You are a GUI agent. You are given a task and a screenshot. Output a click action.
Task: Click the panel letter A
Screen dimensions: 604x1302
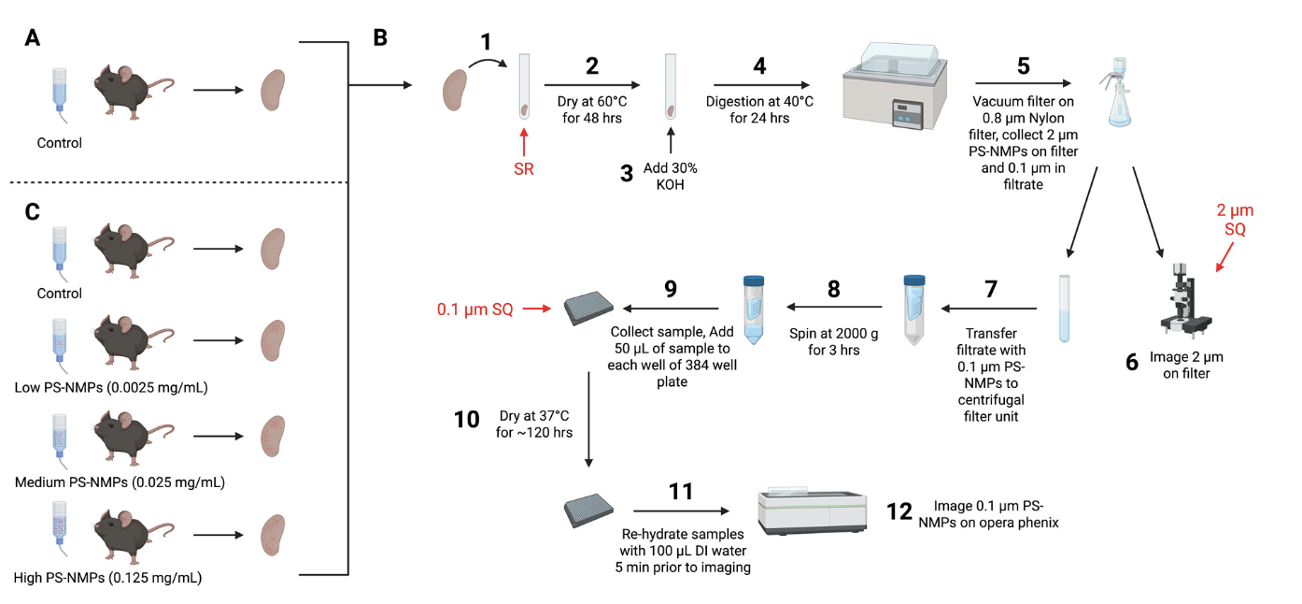click(x=33, y=38)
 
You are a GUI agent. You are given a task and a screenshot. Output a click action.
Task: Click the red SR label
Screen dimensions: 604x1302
click(x=523, y=170)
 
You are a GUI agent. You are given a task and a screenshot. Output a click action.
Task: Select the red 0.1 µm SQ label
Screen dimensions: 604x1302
click(x=475, y=309)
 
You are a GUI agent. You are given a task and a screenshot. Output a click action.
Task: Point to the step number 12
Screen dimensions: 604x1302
click(x=899, y=513)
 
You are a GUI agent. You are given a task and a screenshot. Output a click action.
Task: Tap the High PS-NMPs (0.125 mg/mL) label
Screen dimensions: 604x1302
click(x=107, y=578)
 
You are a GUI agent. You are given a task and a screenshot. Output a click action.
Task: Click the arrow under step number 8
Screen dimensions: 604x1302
click(x=834, y=307)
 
